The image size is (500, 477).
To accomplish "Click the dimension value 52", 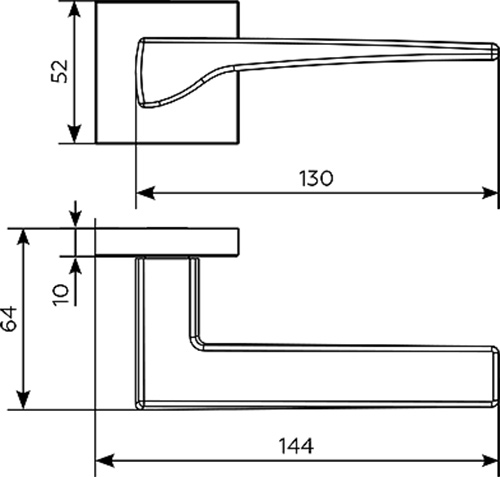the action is tap(59, 71).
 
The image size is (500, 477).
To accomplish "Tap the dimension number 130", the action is tap(316, 178).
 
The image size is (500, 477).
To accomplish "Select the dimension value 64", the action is tap(9, 319).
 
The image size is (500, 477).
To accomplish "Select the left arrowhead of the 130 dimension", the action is tap(146, 193).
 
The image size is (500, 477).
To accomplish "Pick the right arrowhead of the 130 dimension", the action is tap(490, 193).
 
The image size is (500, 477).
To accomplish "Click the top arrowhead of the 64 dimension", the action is tap(23, 238).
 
